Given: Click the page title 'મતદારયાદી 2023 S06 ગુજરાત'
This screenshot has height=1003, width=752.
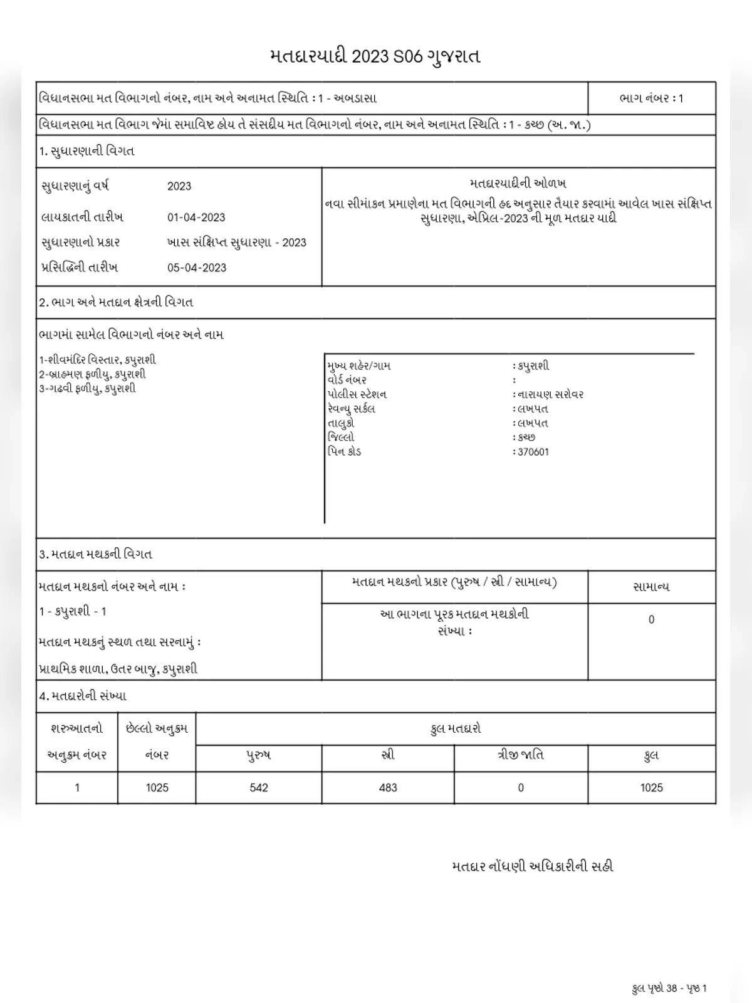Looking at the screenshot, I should (x=375, y=56).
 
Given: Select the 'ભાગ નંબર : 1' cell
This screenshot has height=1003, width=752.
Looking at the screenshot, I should (x=651, y=98).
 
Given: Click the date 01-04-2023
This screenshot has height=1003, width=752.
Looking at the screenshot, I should (x=196, y=218).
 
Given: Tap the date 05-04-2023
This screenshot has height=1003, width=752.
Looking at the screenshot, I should (x=196, y=268).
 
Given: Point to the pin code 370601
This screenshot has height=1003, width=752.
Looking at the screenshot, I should (x=533, y=452).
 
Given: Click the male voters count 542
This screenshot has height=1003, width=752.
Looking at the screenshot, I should (x=259, y=788).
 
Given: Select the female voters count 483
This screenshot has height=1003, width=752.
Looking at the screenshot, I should (x=388, y=788).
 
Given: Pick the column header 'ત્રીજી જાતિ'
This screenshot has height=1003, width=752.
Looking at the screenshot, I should (x=520, y=755).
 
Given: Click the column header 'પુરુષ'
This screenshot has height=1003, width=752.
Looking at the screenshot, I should (x=259, y=755).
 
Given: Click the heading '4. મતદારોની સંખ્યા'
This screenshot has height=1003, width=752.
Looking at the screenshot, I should (x=83, y=696).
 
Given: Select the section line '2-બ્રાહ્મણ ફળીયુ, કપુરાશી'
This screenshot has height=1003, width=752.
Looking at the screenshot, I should (x=92, y=374).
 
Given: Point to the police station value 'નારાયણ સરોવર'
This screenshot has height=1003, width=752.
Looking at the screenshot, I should (x=550, y=394).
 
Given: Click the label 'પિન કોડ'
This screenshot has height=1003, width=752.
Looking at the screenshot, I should (x=344, y=451).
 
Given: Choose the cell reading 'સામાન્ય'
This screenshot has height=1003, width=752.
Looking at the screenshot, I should (x=651, y=587).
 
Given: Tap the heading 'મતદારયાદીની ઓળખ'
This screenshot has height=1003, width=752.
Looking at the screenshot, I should (x=518, y=184).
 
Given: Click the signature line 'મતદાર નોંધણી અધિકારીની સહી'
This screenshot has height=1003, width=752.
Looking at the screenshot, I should (x=532, y=866).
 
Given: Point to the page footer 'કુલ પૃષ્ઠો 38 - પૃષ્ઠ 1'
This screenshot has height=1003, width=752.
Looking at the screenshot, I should (x=669, y=989).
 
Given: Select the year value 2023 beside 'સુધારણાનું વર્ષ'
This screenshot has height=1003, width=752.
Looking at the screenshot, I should (x=179, y=186).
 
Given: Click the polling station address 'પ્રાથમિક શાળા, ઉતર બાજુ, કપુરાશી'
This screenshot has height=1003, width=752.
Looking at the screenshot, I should (x=118, y=669).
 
